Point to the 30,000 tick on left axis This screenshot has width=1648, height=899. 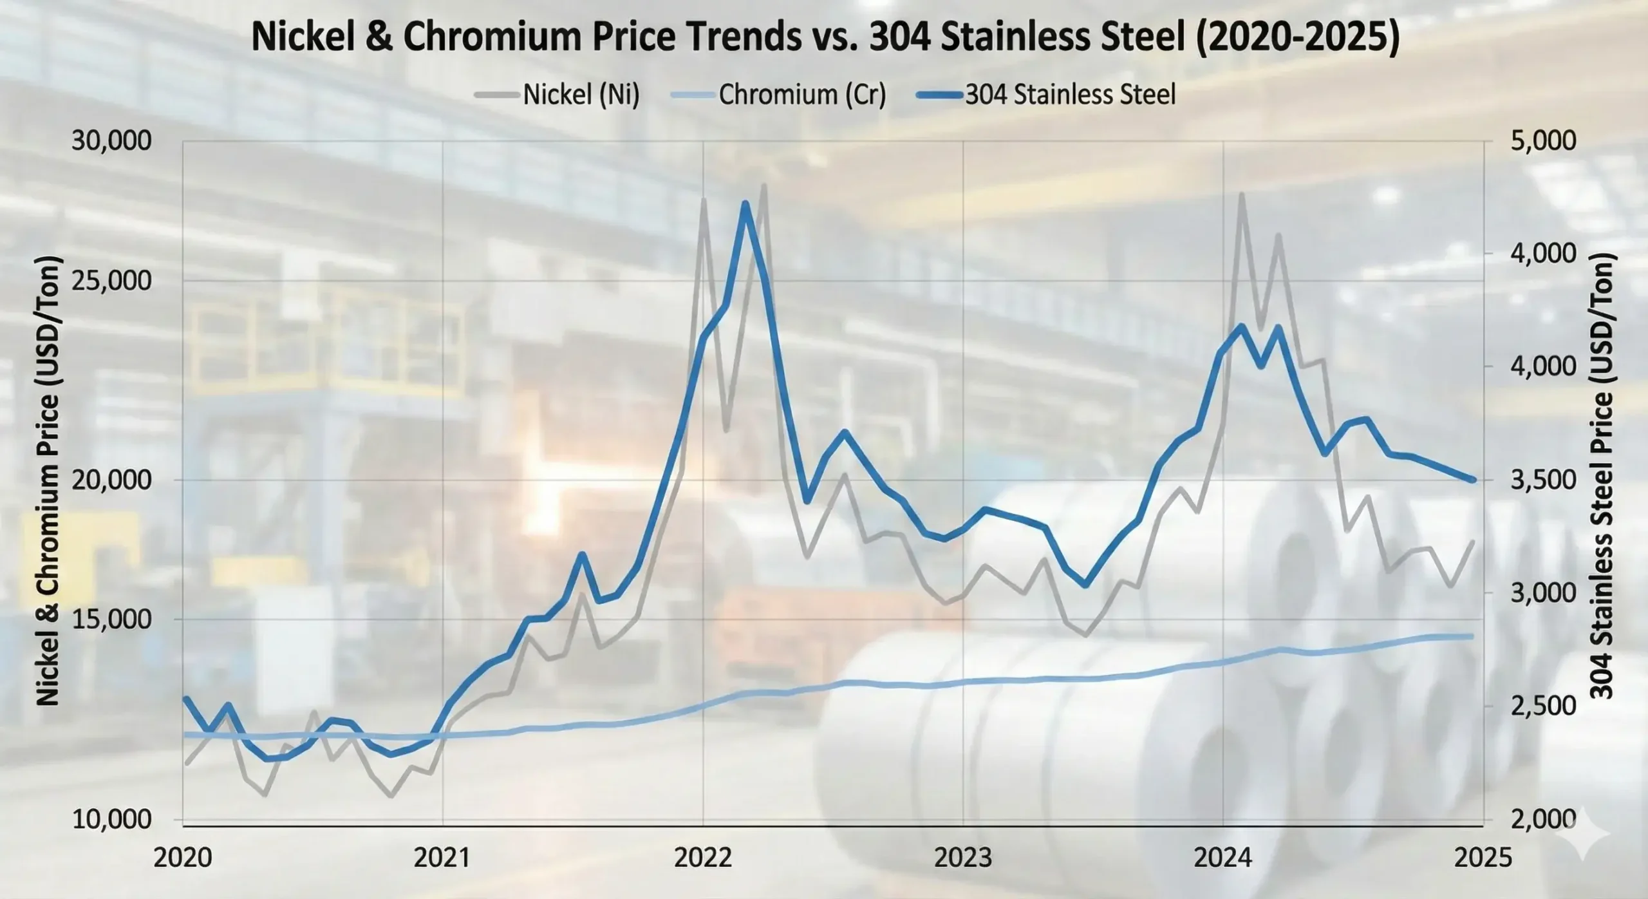[111, 140]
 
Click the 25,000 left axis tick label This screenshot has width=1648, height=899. [111, 281]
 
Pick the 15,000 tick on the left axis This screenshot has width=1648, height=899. [111, 620]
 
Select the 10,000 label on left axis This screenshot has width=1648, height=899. [111, 819]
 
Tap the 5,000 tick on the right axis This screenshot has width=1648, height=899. [1542, 140]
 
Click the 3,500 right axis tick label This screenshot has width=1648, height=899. [1542, 480]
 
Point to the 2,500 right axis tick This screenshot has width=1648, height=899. [1542, 706]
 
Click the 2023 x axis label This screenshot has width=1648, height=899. [963, 858]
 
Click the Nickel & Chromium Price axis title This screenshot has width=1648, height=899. [48, 480]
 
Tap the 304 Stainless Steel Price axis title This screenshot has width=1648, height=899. [1602, 477]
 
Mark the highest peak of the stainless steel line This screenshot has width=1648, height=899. [745, 204]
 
